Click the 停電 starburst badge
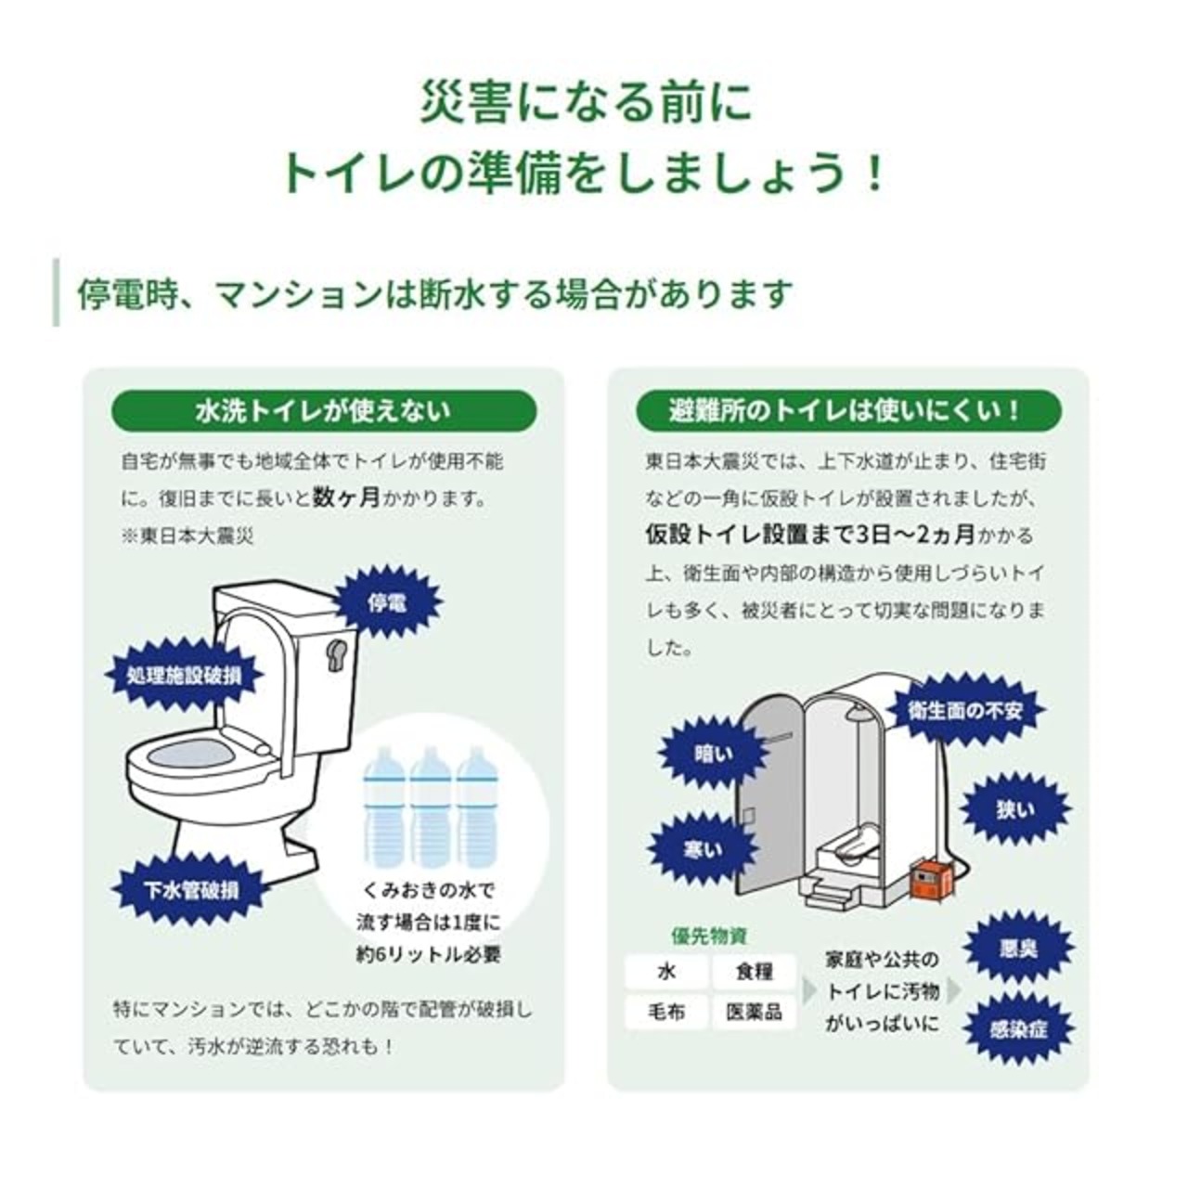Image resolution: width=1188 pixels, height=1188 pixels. point(387,602)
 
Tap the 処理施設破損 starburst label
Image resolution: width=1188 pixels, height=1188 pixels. point(184,676)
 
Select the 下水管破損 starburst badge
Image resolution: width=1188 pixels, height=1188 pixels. point(191,890)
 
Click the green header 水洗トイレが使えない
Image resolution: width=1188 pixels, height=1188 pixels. point(324,410)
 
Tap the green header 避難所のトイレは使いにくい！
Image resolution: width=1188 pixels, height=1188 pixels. point(848,410)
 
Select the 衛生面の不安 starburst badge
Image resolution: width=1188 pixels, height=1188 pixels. point(965,711)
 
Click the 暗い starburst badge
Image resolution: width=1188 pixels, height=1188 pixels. point(714,754)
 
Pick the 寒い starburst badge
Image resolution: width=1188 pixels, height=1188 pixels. point(703,850)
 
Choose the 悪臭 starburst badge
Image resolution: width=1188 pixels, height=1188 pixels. point(1018,949)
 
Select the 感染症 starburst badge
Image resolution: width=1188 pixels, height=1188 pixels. point(1018,1029)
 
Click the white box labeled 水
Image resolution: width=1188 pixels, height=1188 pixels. point(665,973)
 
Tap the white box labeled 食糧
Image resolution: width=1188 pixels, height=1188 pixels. point(754,973)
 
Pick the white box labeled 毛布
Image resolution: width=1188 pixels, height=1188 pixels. point(665,1012)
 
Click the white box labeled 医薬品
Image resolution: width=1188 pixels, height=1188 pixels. point(754,1012)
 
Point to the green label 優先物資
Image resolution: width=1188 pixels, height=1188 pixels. point(709,936)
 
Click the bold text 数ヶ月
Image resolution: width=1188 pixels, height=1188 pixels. point(346,497)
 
